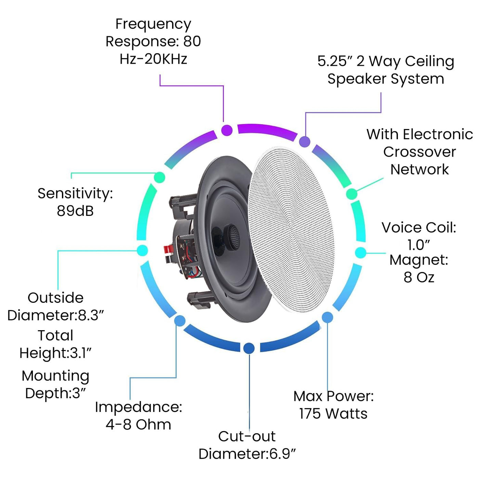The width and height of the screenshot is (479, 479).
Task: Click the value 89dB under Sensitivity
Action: click(75, 211)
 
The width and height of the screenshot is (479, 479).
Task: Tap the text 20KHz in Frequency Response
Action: click(166, 59)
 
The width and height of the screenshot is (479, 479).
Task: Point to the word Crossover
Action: click(419, 152)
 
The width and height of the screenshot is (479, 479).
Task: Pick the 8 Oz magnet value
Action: click(419, 277)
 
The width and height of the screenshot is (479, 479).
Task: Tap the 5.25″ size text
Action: click(335, 62)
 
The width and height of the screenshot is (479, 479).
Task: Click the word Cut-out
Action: click(247, 437)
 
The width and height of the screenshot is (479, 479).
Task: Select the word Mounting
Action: click(55, 376)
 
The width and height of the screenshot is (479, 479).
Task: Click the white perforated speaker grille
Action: click(291, 229)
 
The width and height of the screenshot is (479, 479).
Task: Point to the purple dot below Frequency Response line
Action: click(227, 130)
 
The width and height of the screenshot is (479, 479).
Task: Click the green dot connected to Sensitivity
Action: click(159, 177)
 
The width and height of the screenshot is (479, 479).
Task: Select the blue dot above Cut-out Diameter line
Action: click(249, 348)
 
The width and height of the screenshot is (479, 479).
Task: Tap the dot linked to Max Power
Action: click(327, 317)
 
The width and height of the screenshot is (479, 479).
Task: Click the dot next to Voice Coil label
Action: click(360, 253)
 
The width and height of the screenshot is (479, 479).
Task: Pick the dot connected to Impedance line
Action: click(180, 321)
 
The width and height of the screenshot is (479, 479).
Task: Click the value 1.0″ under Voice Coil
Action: click(418, 245)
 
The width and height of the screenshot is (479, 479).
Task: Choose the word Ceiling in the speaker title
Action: click(430, 62)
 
